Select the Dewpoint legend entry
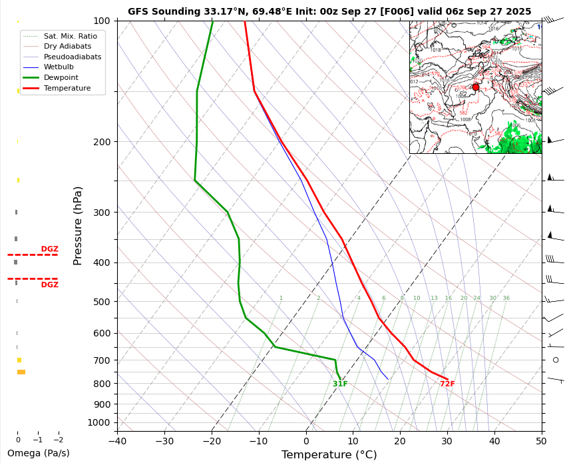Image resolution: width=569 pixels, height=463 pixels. coord(61,78)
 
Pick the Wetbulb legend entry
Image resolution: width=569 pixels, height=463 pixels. coord(59,67)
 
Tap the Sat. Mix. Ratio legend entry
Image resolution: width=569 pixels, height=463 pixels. coord(70,36)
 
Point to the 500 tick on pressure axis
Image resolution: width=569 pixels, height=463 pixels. coord(101,302)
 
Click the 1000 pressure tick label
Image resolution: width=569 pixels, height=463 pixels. coord(98,422)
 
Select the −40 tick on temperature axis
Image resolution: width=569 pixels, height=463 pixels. coord(117,440)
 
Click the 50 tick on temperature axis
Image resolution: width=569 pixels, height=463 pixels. coord(541,440)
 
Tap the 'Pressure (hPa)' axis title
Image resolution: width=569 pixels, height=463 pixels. coord(79,226)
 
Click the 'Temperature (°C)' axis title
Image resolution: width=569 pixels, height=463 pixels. coord(329,455)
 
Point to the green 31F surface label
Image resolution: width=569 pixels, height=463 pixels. coord(340,384)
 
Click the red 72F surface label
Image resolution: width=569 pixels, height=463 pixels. coord(447,384)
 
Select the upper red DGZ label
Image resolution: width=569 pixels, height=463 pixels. coord(50,249)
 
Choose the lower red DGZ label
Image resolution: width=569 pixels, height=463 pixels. coord(50,285)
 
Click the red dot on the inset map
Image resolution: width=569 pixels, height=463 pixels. coord(476,87)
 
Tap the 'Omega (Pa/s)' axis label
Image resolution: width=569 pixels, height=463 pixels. coord(38,454)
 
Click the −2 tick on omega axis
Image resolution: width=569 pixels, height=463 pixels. coord(58,440)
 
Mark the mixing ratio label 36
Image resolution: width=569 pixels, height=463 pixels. coord(506,298)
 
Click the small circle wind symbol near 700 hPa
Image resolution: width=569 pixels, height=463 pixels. coord(556,360)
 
